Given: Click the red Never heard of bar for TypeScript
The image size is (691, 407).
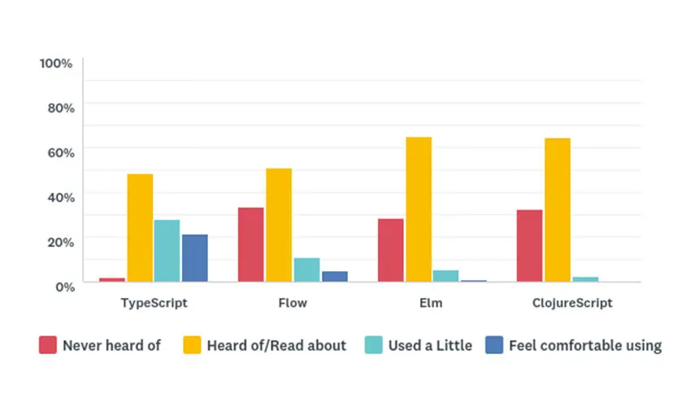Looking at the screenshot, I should pos(112,280).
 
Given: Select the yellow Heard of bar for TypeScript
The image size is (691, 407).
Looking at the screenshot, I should pos(140,228).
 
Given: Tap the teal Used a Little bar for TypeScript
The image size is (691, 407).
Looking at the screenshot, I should pos(167,251).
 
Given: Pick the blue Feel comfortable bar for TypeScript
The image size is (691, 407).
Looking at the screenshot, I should pos(194,258).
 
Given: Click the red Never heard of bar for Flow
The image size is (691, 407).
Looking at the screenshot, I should pos(250,245).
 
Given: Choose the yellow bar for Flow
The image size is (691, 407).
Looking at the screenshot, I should pos(279,225).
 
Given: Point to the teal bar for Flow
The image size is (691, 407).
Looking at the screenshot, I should pos(306,270).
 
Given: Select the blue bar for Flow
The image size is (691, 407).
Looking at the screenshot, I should pos(334,277).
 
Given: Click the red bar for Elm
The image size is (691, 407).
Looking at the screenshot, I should pos(390,250).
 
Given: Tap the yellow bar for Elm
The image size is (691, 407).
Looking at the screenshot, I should pos(419,209).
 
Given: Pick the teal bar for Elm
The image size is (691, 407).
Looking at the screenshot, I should pos(445,276).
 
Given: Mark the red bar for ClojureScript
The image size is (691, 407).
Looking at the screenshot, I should pos(529,246).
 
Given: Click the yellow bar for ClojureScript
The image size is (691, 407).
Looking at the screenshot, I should pos(558,210).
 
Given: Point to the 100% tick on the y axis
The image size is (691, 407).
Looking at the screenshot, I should pos(57,63).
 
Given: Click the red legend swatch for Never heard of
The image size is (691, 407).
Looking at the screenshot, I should pos(47,345).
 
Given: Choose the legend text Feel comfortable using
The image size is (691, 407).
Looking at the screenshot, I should pos(585,345).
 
